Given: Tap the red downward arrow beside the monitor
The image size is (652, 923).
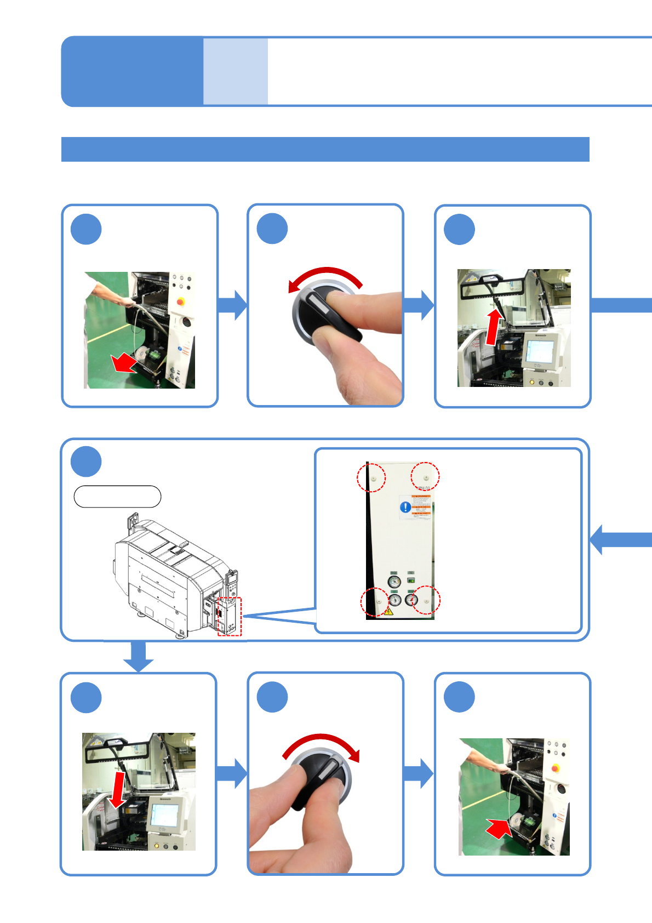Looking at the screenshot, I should click(118, 790).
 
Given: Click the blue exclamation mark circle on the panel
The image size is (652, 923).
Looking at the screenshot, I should click(405, 507).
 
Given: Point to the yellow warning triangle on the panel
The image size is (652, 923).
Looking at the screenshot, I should click(388, 611).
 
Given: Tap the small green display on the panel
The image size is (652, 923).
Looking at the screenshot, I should click(411, 580).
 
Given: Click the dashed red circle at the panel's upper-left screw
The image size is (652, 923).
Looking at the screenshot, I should click(371, 477).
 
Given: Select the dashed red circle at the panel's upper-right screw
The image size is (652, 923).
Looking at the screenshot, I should click(425, 476).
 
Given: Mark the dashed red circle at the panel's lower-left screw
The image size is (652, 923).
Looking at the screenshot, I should click(375, 602).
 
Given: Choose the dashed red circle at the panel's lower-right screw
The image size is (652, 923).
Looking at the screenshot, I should click(426, 600).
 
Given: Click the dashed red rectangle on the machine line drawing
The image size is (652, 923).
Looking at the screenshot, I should click(230, 617).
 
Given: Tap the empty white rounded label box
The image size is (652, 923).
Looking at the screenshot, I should click(117, 497).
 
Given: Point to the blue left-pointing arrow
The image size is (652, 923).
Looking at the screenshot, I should click(619, 539).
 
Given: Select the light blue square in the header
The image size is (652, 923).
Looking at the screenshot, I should click(236, 71).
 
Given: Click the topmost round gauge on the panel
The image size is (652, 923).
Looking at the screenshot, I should click(394, 582).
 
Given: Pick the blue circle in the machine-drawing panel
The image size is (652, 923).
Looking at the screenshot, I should click(86, 461).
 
